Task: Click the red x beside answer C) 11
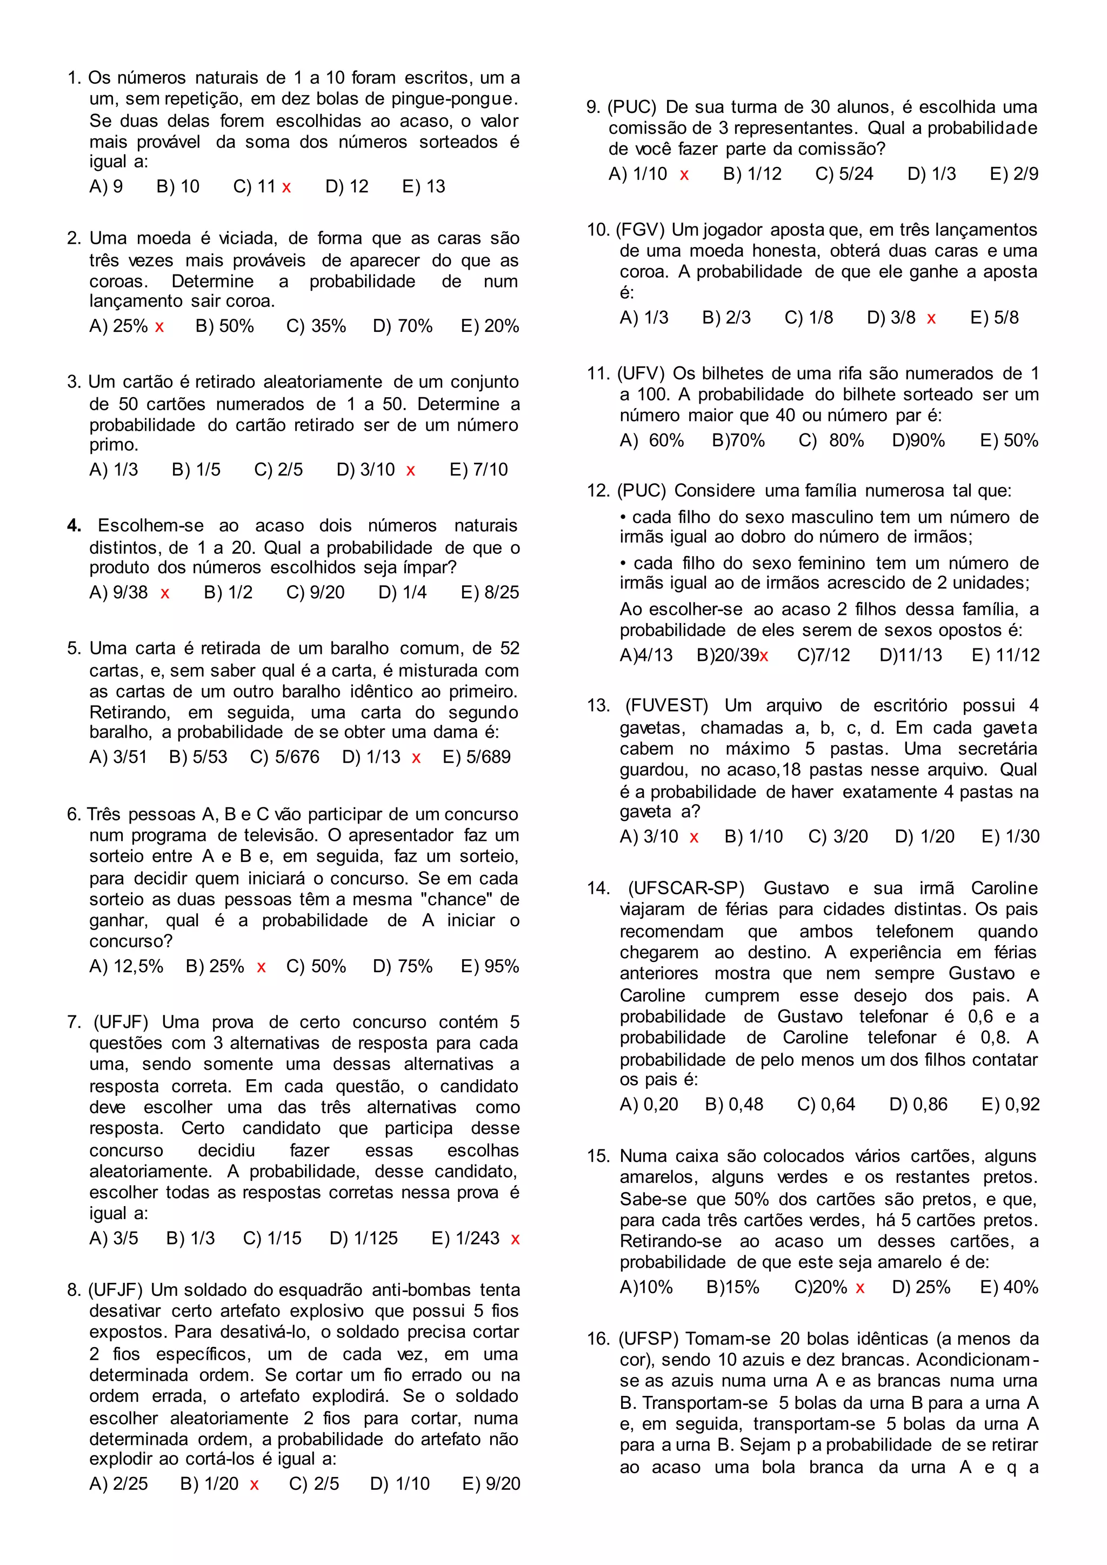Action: pyautogui.click(x=286, y=188)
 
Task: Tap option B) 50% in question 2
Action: pyautogui.click(x=224, y=326)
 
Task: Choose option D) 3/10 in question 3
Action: pyautogui.click(x=365, y=470)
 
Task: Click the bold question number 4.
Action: pyautogui.click(x=74, y=525)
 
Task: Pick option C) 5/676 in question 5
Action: pyautogui.click(x=284, y=757)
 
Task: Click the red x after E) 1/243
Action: pyautogui.click(x=515, y=1239)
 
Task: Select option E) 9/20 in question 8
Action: pyautogui.click(x=491, y=1483)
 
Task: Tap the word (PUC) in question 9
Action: pyautogui.click(x=632, y=107)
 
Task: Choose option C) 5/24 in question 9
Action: pyautogui.click(x=844, y=174)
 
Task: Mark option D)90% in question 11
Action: pyautogui.click(x=918, y=440)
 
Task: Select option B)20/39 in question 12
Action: pyautogui.click(x=728, y=655)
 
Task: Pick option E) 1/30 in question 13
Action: pyautogui.click(x=1010, y=837)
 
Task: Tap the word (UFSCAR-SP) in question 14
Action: pyautogui.click(x=686, y=888)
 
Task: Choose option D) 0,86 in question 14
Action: pyautogui.click(x=918, y=1104)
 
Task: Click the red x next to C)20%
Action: pyautogui.click(x=860, y=1288)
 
